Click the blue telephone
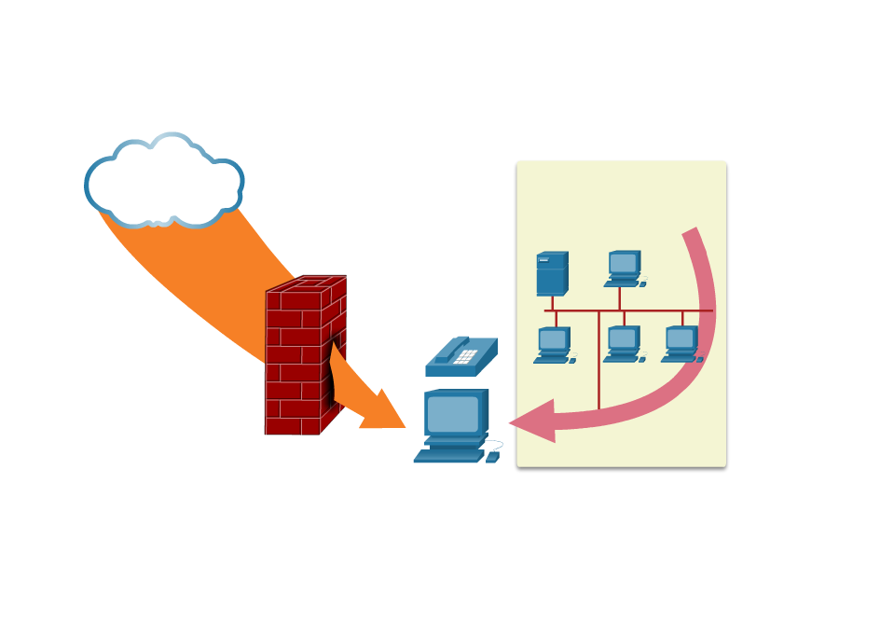coord(461,358)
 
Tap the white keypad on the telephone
coord(465,356)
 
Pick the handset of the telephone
coord(451,349)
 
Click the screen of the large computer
coord(453,413)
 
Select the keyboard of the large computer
coord(449,455)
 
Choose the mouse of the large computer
coord(492,457)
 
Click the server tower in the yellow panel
coord(551,273)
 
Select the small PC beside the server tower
coord(624,268)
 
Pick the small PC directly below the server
coord(554,344)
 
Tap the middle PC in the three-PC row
coord(623,344)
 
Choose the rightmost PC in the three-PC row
coord(681,344)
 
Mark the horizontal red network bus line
coord(628,311)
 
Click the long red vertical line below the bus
coord(598,364)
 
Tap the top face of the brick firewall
coord(308,283)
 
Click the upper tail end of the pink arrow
coord(691,233)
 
